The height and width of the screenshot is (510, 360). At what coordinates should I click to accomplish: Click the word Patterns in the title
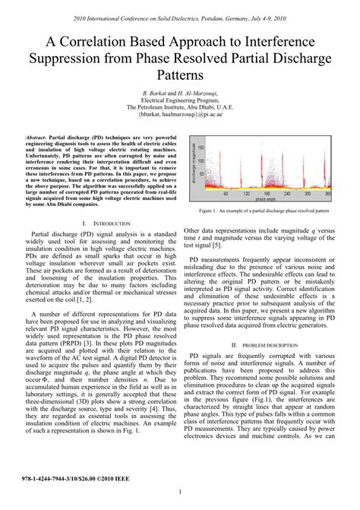pyautogui.click(x=179, y=76)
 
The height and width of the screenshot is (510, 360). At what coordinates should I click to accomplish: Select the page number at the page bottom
pyautogui.click(x=179, y=493)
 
